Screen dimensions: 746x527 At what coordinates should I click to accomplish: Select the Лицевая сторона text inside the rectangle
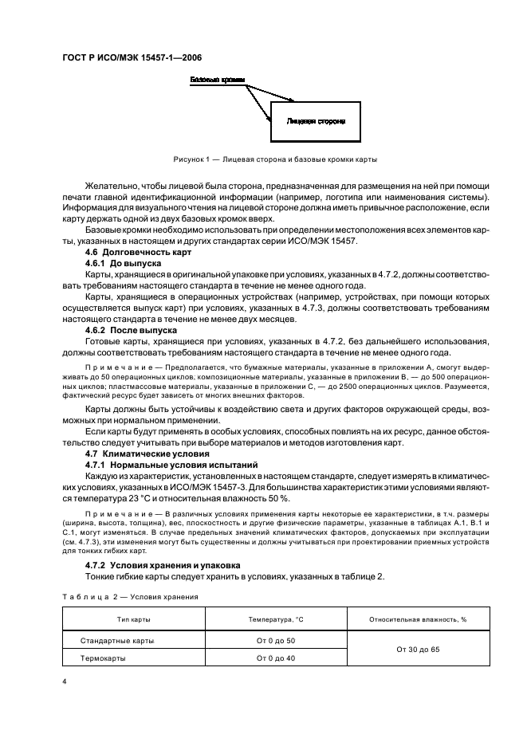tap(315, 121)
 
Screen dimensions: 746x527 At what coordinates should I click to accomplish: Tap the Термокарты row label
tap(105, 658)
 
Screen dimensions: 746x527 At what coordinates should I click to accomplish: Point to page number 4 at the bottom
tap(63, 682)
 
